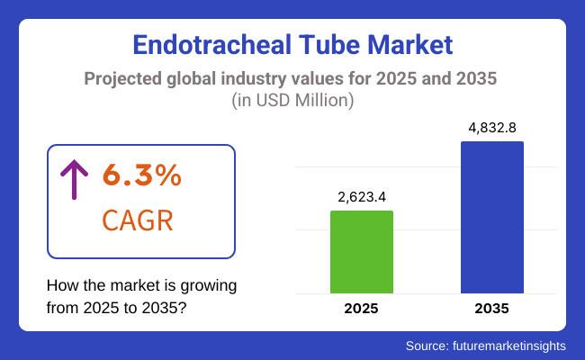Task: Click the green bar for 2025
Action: pyautogui.click(x=362, y=251)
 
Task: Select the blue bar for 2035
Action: pyautogui.click(x=491, y=217)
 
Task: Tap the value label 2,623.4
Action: pyautogui.click(x=362, y=195)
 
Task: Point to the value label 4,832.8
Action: pyautogui.click(x=491, y=127)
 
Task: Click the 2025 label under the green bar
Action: pyautogui.click(x=362, y=308)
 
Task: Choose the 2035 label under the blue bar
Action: pyautogui.click(x=491, y=308)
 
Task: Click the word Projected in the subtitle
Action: pyautogui.click(x=123, y=79)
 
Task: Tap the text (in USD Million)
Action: pyautogui.click(x=292, y=101)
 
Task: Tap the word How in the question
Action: pyautogui.click(x=60, y=286)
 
